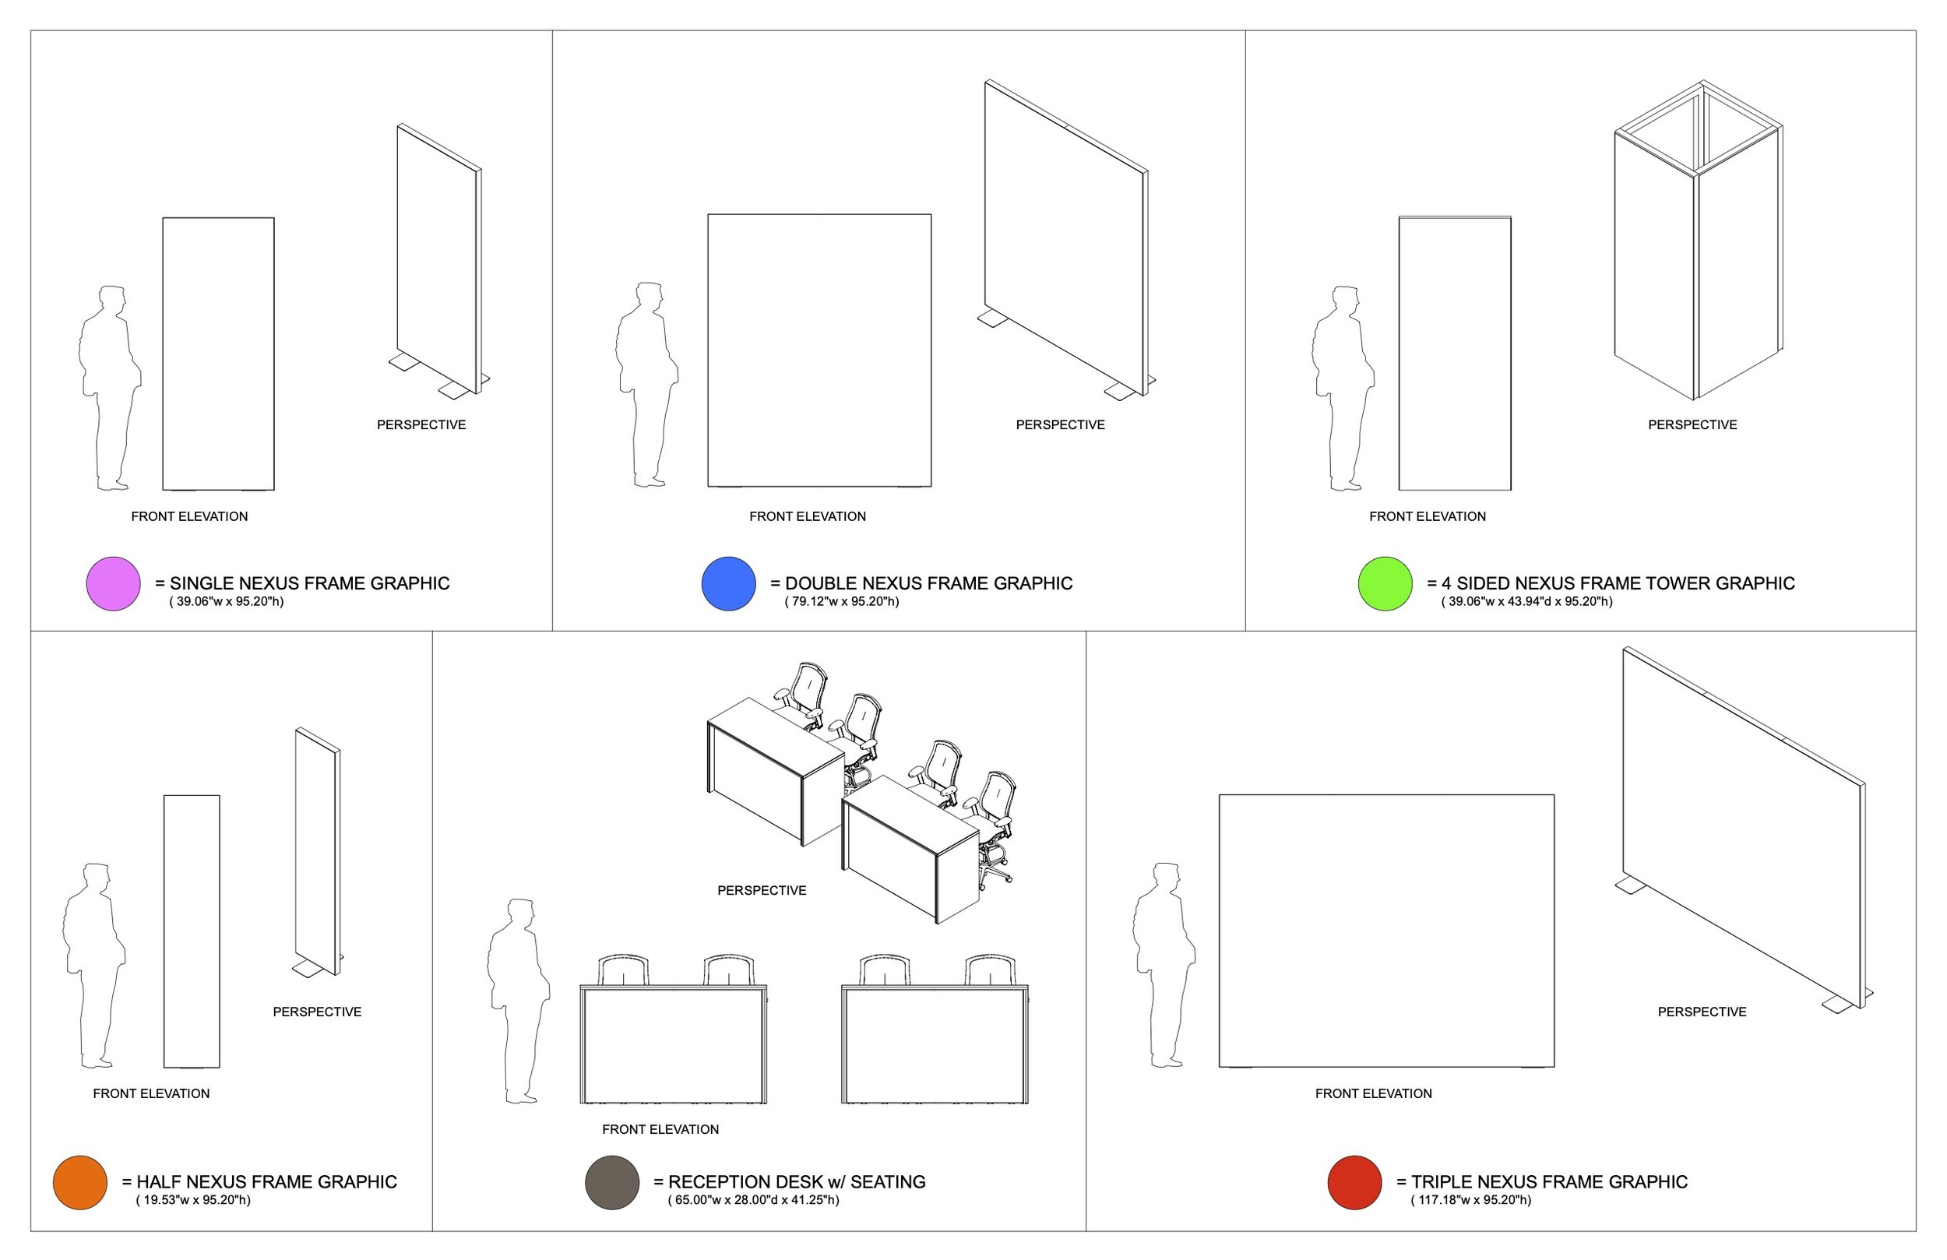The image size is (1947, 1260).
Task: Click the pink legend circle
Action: [x=113, y=583]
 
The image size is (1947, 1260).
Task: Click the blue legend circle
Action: [x=728, y=583]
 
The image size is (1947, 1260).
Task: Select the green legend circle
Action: [x=1385, y=583]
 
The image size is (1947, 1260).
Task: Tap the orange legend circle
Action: [x=80, y=1182]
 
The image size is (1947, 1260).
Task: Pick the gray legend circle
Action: [x=612, y=1182]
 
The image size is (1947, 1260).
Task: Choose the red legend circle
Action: [x=1354, y=1182]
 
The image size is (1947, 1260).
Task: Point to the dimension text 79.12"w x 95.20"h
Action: [x=842, y=601]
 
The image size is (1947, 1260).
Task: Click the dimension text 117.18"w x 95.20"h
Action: [x=1471, y=1199]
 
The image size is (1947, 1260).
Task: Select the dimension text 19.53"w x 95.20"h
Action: [x=193, y=1199]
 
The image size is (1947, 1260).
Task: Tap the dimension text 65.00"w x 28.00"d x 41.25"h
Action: [x=753, y=1199]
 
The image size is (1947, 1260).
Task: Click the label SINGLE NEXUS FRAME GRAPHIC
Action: [x=310, y=583]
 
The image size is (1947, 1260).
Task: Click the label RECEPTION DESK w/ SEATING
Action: [x=797, y=1181]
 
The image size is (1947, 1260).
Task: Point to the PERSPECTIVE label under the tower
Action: [x=1692, y=424]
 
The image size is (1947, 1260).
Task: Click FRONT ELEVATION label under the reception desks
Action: [x=660, y=1129]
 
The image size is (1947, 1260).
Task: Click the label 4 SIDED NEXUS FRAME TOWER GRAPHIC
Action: [x=1618, y=583]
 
